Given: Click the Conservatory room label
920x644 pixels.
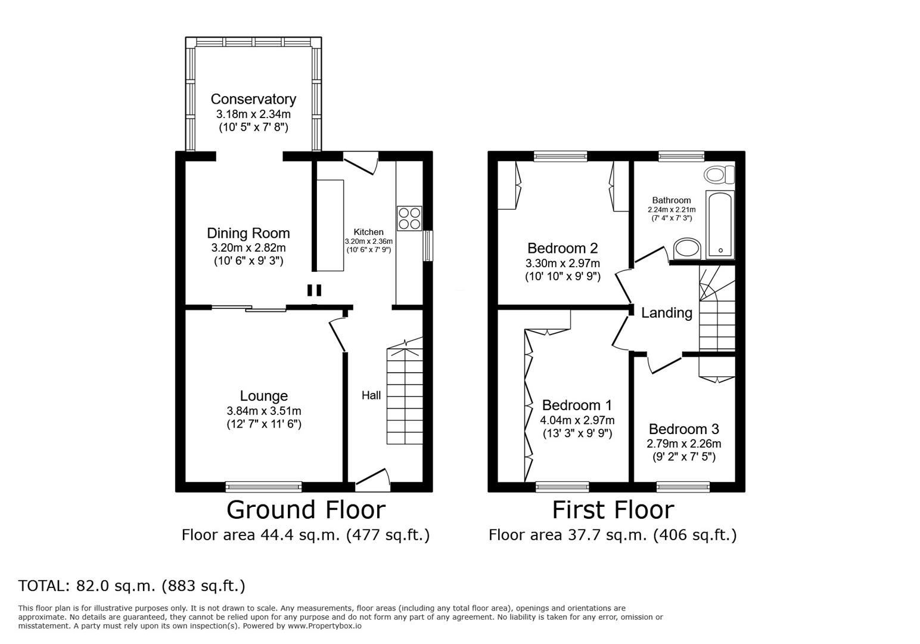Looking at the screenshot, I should click(253, 99).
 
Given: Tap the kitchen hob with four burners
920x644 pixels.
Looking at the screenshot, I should click(409, 218).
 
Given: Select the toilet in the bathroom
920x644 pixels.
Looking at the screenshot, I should click(719, 175).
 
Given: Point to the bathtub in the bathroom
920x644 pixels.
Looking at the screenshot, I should click(720, 225).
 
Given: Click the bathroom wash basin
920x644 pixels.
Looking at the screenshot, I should click(687, 250).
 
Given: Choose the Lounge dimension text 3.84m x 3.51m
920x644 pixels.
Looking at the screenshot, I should click(263, 411).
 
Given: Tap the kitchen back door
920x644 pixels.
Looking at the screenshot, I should click(361, 162).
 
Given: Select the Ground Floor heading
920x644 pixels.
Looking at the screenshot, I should click(306, 510).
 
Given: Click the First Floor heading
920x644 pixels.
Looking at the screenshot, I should click(613, 510).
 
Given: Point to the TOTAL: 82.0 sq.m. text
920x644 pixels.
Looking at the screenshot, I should click(132, 586).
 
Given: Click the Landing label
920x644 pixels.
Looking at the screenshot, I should click(666, 313).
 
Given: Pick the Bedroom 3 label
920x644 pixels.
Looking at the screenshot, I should click(683, 429).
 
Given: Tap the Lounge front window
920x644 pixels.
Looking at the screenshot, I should click(263, 487).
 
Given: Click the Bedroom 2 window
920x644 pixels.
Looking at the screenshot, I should click(560, 156).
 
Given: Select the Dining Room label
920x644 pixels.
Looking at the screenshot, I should click(248, 233).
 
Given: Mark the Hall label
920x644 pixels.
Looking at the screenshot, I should click(371, 395).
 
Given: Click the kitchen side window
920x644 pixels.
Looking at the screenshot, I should click(428, 246).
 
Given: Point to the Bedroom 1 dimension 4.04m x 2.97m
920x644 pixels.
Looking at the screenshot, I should click(577, 420).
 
